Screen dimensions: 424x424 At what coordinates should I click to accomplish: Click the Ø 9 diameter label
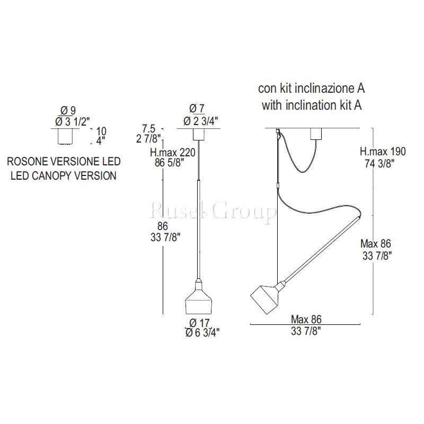coord(68,111)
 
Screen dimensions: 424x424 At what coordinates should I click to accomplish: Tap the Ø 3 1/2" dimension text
coord(72,122)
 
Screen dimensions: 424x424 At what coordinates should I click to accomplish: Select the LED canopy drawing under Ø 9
coord(65,136)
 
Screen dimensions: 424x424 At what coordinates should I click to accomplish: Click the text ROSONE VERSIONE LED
coord(64,162)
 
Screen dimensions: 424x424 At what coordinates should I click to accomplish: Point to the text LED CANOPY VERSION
coord(64,176)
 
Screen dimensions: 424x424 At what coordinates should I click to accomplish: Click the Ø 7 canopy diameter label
coord(197,109)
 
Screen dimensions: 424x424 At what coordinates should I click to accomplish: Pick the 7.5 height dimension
coord(148,128)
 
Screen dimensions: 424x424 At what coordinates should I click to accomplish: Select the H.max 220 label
coord(173,153)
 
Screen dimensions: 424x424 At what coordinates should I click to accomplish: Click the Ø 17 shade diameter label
coord(200,323)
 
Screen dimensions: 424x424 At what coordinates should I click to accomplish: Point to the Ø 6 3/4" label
coord(202,333)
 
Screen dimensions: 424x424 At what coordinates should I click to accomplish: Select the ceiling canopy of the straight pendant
coord(198,134)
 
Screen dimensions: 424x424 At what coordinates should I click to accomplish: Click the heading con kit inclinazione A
coord(312,89)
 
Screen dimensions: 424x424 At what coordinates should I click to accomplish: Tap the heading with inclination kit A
coord(312,105)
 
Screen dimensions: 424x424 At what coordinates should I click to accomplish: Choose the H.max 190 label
coord(383,152)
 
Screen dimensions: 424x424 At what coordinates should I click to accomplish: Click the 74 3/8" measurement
coord(379,163)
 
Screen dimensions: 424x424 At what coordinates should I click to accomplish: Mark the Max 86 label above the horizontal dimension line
coord(306,320)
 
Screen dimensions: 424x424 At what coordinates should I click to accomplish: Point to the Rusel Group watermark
coord(214,211)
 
